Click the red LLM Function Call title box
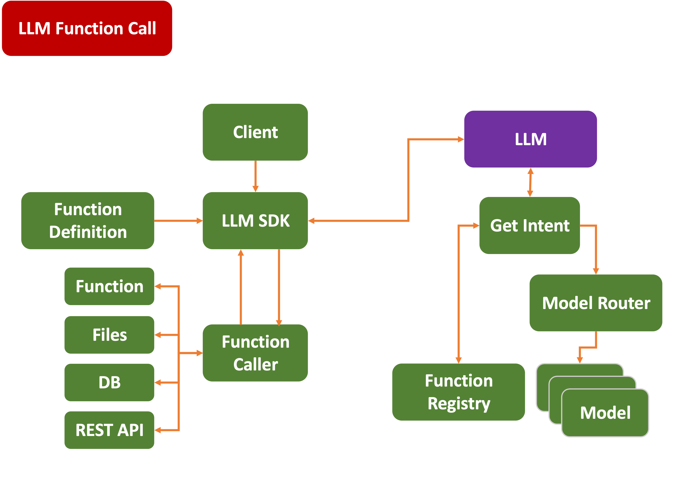[x=87, y=28]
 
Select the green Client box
[x=255, y=132]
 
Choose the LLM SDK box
[x=255, y=221]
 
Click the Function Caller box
[x=255, y=353]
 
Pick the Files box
[x=109, y=335]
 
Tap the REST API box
[x=109, y=430]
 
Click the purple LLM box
[x=530, y=139]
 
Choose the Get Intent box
[x=529, y=225]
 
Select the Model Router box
[x=596, y=303]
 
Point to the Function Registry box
[x=458, y=392]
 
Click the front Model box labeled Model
[x=605, y=413]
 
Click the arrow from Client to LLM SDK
[x=255, y=176]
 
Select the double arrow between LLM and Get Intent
[x=530, y=182]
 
